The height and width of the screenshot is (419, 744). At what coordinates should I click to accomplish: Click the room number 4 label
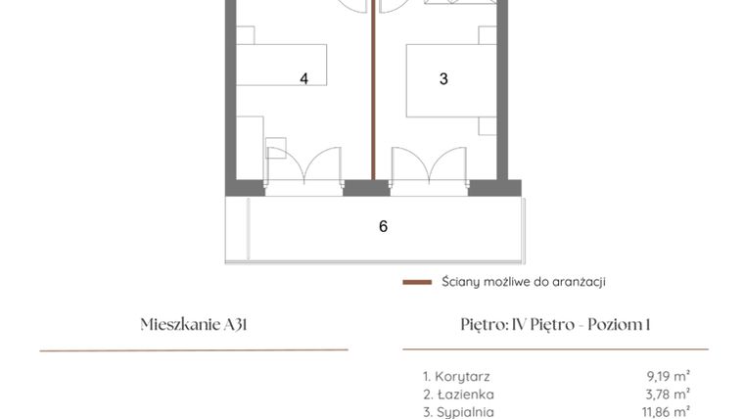pos(304,79)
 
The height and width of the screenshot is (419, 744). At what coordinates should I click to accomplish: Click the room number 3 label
pos(443,79)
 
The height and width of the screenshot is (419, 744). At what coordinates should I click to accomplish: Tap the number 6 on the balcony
pos(384,226)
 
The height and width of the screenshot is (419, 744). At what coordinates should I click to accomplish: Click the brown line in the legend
pos(417,282)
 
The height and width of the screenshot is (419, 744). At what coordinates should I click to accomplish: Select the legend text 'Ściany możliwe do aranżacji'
pos(523,282)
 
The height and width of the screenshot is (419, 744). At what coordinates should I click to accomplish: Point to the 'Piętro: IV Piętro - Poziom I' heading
pos(555,325)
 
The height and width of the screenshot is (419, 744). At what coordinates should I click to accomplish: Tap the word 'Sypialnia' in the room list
pos(463,412)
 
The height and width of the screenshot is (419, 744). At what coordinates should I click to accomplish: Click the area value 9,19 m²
pos(668,376)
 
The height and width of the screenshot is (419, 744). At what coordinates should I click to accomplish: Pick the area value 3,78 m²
pos(668,395)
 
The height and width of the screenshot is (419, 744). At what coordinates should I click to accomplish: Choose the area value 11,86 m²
pos(665,412)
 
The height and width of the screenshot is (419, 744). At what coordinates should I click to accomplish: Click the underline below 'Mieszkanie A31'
pos(193,349)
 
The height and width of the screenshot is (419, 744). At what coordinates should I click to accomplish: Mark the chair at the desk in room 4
pos(275,150)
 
